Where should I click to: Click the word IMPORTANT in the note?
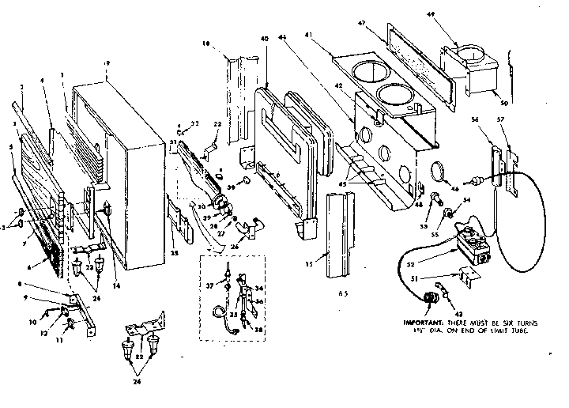click(424, 323)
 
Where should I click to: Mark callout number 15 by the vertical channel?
click(317, 260)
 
